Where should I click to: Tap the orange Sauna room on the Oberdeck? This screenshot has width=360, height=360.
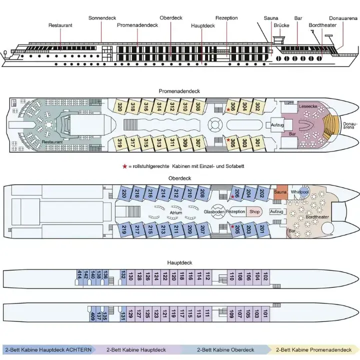point(281,192)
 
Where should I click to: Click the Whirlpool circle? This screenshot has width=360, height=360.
point(300,192)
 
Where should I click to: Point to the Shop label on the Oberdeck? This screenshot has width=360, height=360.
point(254,211)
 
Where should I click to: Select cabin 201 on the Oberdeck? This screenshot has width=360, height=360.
point(262,230)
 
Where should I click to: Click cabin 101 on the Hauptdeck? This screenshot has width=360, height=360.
point(265,315)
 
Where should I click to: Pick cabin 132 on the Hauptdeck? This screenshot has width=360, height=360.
point(122,276)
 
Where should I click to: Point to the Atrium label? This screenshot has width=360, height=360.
point(175,212)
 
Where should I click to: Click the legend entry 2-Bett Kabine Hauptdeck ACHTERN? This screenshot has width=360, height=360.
point(46,350)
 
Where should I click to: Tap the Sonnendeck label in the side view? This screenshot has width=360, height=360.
point(102,18)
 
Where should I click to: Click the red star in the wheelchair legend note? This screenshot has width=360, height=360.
point(124,165)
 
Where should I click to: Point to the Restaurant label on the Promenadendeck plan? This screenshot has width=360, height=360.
point(52,142)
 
